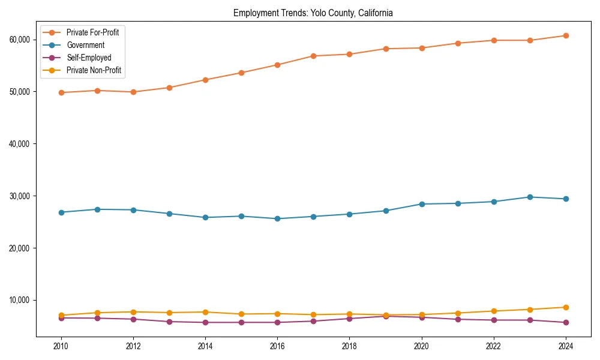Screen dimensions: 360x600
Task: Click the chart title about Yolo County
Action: click(x=313, y=13)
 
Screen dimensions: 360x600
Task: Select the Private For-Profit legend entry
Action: click(x=92, y=32)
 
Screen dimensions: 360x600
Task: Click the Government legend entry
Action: click(x=85, y=45)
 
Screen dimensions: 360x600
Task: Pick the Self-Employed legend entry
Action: click(x=89, y=58)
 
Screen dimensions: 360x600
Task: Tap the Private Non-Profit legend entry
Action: click(x=94, y=70)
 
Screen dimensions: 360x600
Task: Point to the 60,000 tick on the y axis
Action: click(x=20, y=40)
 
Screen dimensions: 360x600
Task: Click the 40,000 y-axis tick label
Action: click(x=20, y=144)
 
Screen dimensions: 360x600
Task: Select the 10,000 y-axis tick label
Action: click(x=20, y=300)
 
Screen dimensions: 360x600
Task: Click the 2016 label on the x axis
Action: click(x=277, y=346)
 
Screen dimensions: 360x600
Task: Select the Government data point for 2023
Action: click(x=529, y=197)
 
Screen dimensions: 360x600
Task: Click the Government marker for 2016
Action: click(x=277, y=218)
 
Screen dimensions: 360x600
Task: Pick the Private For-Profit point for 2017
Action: click(x=313, y=56)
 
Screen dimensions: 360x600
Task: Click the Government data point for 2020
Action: click(x=421, y=204)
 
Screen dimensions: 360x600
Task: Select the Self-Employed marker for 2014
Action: click(x=205, y=322)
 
